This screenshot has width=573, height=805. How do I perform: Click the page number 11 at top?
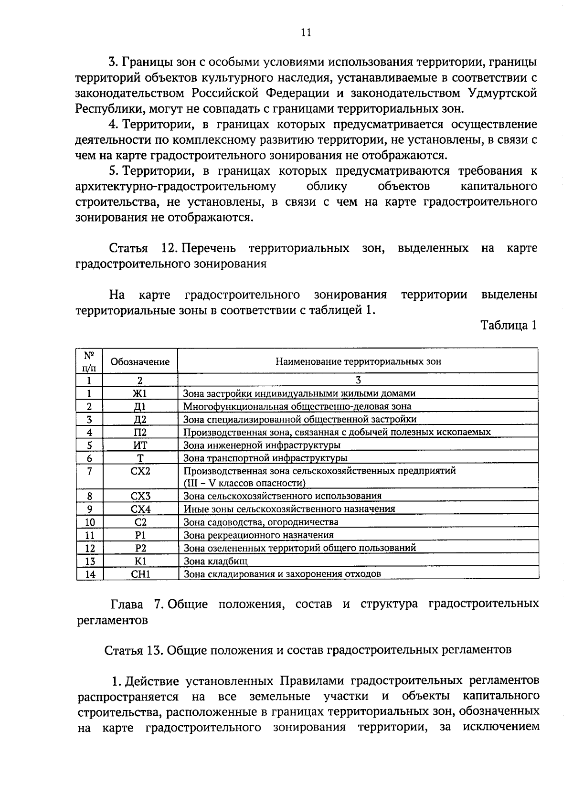[306, 32]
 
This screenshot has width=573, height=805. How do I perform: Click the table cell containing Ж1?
[140, 393]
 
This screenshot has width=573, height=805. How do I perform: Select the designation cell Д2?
[140, 419]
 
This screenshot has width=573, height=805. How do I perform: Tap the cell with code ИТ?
[140, 445]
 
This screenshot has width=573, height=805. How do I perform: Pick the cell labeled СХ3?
[140, 496]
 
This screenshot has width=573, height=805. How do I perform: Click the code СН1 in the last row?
[140, 574]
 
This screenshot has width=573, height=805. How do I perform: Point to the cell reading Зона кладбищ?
[216, 561]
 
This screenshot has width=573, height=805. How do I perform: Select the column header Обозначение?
[140, 362]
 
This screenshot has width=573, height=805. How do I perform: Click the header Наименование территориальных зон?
[358, 361]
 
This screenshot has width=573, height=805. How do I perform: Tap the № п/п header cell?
[89, 361]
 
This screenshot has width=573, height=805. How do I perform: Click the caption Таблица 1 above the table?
[509, 326]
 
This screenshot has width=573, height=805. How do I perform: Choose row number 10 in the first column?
[90, 522]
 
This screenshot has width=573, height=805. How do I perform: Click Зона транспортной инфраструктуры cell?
[265, 458]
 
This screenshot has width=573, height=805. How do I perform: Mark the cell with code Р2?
[140, 548]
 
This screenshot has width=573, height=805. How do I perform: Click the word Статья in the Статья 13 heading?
[122, 650]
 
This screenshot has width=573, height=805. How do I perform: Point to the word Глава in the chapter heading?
[127, 604]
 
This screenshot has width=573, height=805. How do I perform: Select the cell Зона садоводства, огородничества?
[261, 522]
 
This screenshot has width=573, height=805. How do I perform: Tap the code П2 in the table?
[140, 432]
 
